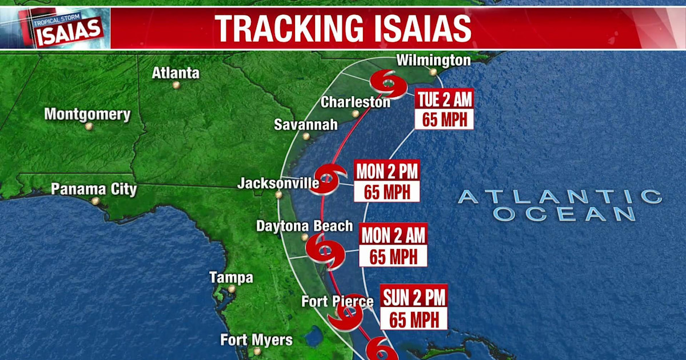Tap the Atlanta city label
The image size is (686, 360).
pyautogui.click(x=176, y=73)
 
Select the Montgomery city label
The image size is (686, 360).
pyautogui.click(x=87, y=114)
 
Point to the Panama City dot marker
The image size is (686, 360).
pyautogui.click(x=95, y=201)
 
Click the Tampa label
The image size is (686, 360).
pyautogui.click(x=231, y=278)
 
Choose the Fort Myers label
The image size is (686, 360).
pyautogui.click(x=257, y=340)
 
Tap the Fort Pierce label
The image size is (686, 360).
pyautogui.click(x=337, y=301)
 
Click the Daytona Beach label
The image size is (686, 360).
pyautogui.click(x=304, y=226)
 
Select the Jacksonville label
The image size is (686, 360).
pyautogui.click(x=278, y=183)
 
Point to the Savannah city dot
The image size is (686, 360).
pyautogui.click(x=306, y=137)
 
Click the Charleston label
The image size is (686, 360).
pyautogui.click(x=355, y=102)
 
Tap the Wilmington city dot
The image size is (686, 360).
pyautogui.click(x=434, y=73)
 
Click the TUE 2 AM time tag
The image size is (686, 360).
pyautogui.click(x=444, y=100)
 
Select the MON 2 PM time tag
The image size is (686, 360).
pyautogui.click(x=387, y=171)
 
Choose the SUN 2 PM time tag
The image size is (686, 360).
pyautogui.click(x=414, y=297)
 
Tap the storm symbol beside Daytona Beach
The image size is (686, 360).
pyautogui.click(x=325, y=250)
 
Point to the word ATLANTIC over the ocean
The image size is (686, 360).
pyautogui.click(x=560, y=197)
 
